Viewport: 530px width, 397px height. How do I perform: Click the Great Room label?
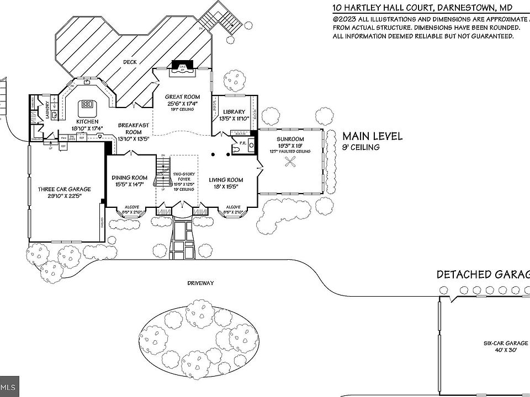coord(182,97)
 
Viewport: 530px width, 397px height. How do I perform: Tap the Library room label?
coord(234,112)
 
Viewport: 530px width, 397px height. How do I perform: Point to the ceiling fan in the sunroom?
coord(290,162)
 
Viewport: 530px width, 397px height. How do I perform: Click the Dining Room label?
coord(130,178)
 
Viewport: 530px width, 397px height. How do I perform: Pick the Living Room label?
coord(226,180)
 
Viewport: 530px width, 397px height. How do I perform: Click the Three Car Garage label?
coord(65,189)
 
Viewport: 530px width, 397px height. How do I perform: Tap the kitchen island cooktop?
coord(87,105)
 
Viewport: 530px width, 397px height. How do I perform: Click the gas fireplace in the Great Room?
coord(182,68)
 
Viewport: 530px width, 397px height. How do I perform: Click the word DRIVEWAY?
coord(200,283)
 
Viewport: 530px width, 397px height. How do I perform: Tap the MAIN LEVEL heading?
coord(373,136)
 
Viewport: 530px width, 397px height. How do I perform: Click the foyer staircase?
coord(162,168)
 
